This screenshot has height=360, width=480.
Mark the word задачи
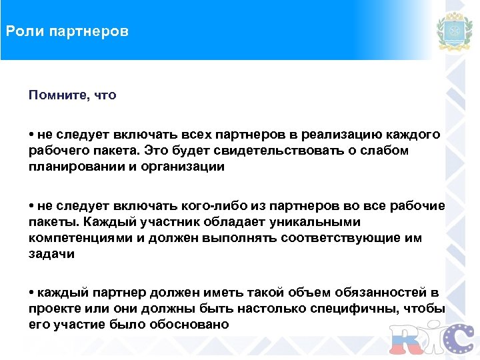click(x=51, y=254)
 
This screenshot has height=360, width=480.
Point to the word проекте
click(x=53, y=309)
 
